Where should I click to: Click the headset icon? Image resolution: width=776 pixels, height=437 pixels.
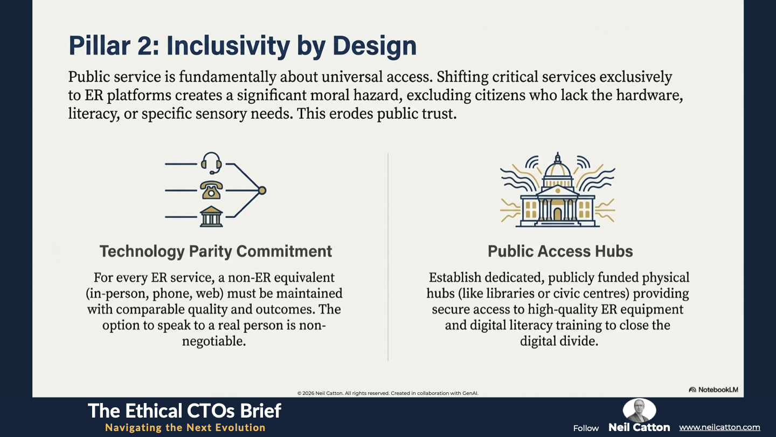pyautogui.click(x=211, y=163)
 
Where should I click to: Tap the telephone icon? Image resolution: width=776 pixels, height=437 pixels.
pyautogui.click(x=211, y=190)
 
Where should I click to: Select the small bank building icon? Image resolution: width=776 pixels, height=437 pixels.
pyautogui.click(x=211, y=217)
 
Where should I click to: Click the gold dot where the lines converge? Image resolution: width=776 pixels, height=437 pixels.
pyautogui.click(x=262, y=190)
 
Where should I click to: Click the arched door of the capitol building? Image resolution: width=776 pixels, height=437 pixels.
pyautogui.click(x=557, y=214)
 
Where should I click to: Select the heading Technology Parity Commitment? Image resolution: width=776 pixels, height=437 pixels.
pyautogui.click(x=216, y=251)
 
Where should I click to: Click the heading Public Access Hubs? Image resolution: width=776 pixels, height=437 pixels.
pyautogui.click(x=560, y=251)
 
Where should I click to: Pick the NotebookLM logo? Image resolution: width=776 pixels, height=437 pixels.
pyautogui.click(x=713, y=390)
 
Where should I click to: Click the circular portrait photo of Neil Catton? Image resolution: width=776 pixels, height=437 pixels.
pyautogui.click(x=639, y=410)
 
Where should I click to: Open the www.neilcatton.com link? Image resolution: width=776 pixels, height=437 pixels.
pyautogui.click(x=719, y=427)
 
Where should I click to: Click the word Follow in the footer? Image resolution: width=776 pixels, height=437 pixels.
pyautogui.click(x=586, y=428)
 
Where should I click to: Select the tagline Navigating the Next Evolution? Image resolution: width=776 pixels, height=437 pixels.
pyautogui.click(x=185, y=427)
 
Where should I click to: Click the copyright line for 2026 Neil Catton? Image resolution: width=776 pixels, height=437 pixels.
pyautogui.click(x=387, y=393)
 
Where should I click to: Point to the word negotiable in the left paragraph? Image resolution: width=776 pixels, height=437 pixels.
pyautogui.click(x=214, y=342)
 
